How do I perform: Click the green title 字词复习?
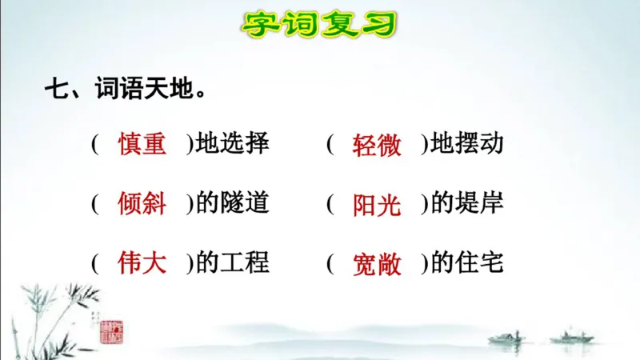tap(319, 24)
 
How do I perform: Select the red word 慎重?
tap(142, 144)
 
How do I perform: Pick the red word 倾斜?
tap(142, 203)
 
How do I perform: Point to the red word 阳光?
tap(377, 205)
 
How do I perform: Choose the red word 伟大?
tap(142, 262)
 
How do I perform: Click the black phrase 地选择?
tap(233, 144)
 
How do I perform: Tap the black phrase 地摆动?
tap(467, 144)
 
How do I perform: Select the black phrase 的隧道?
tap(233, 203)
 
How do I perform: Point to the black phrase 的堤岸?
tap(467, 203)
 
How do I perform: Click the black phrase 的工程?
tap(233, 262)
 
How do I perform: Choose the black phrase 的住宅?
tap(467, 262)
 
